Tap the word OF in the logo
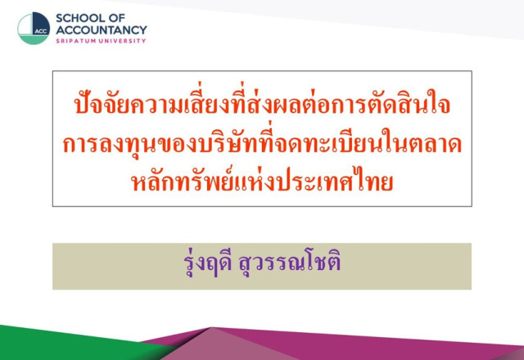[117, 18]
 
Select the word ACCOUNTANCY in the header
[102, 30]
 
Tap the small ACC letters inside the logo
[41, 31]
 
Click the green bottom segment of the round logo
[33, 39]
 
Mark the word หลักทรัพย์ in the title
[182, 180]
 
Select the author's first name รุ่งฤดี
[208, 262]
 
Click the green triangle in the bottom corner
[67, 345]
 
